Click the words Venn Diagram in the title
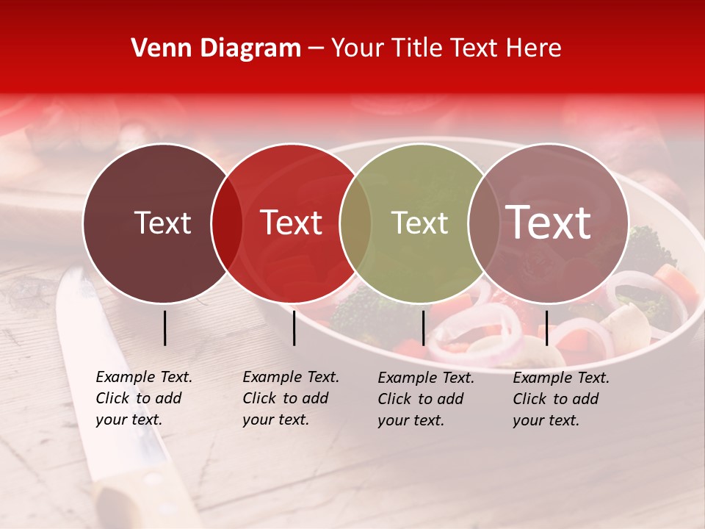pos(216,48)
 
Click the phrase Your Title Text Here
pos(446,48)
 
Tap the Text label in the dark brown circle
pos(163,223)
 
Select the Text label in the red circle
pos(292,223)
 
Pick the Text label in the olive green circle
pos(420,223)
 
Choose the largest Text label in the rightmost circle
pos(549,223)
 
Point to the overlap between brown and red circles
pos(227,223)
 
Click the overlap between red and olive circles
pos(355,223)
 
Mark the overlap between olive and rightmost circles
pos(483,223)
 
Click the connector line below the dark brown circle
pos(165,328)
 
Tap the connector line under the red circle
pos(294,328)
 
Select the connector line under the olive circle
pos(423,328)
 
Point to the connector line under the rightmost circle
pos(546,328)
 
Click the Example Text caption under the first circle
pos(144,398)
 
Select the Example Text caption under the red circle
pos(291,398)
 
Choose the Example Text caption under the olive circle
pos(426,399)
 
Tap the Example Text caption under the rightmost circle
pos(561,399)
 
